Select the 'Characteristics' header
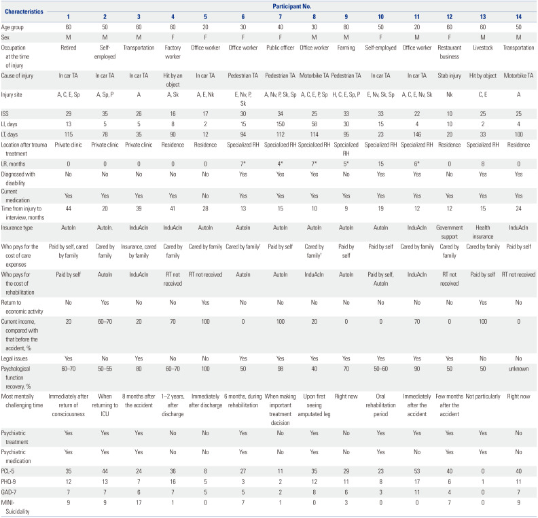tap(26, 12)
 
